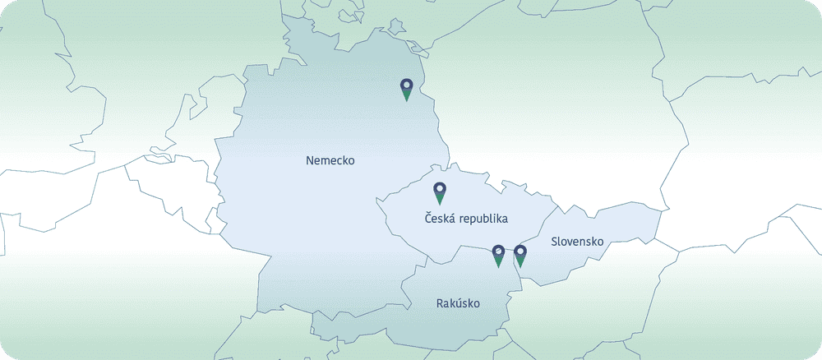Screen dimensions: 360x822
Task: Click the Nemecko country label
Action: [x=330, y=160]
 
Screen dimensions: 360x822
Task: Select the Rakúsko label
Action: [x=458, y=304]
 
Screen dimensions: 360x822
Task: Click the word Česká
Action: [x=441, y=219]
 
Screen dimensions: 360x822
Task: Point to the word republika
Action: [x=485, y=219]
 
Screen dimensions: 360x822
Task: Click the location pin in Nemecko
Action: [x=406, y=89]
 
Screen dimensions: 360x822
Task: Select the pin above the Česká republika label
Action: [x=440, y=192]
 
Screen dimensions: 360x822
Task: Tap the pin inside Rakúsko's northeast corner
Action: [x=497, y=256]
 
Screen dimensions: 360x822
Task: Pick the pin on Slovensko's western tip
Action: [x=520, y=256]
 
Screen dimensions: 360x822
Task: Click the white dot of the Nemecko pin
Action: [x=406, y=84]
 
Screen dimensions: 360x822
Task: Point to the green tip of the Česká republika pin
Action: [x=440, y=201]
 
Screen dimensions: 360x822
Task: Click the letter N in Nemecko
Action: [x=310, y=160]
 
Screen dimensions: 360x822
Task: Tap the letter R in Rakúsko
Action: [x=440, y=304]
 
